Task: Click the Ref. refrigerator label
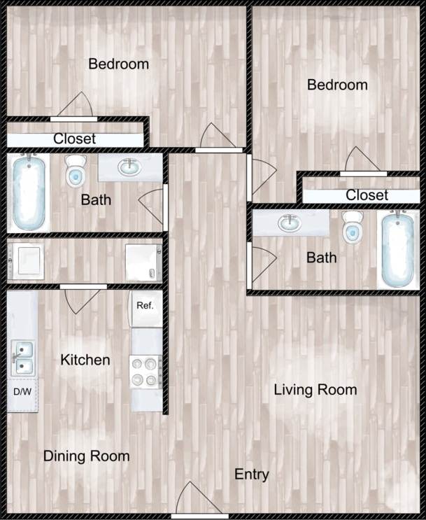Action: point(145,306)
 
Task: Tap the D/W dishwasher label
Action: point(22,391)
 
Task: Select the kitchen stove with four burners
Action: point(145,371)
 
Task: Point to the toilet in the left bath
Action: point(75,171)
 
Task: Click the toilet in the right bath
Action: point(353,227)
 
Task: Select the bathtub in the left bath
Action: point(29,192)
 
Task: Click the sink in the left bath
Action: point(127,167)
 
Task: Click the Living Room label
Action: point(315,390)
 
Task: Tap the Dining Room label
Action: point(86,456)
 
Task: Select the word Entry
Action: point(251,475)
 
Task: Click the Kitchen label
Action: point(85,360)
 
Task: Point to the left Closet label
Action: point(74,139)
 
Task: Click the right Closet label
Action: point(367,195)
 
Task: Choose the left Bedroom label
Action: point(118,64)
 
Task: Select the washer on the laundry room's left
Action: point(28,260)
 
